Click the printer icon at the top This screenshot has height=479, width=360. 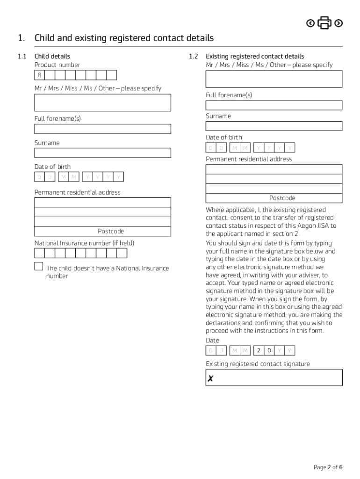click(x=324, y=22)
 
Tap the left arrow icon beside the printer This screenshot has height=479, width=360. click(x=310, y=23)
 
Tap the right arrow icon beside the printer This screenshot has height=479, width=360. click(x=339, y=23)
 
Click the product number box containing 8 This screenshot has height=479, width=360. click(x=40, y=75)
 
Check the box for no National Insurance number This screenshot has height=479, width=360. click(x=38, y=267)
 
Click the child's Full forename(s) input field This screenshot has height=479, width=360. click(x=102, y=129)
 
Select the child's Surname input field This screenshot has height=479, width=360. click(x=102, y=153)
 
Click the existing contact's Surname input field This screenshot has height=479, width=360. click(x=274, y=126)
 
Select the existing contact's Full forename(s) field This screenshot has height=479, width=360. click(x=274, y=105)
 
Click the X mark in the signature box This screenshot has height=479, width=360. click(x=211, y=379)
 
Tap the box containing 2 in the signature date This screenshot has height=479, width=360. click(x=259, y=350)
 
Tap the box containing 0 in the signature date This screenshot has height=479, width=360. click(x=269, y=350)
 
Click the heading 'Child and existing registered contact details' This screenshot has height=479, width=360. click(x=124, y=38)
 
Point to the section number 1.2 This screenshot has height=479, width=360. click(x=194, y=57)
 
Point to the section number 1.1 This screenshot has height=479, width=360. click(x=22, y=57)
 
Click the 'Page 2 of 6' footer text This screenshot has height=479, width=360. click(x=328, y=467)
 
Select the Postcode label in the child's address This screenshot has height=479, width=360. click(x=111, y=232)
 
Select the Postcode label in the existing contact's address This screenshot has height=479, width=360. click(x=282, y=198)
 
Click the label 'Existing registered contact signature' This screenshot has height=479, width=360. click(x=258, y=364)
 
